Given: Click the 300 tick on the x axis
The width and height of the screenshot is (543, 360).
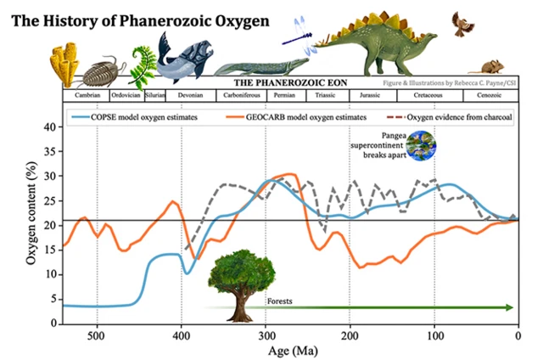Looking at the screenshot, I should pyautogui.click(x=266, y=334).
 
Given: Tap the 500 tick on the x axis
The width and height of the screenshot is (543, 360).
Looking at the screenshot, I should pyautogui.click(x=97, y=334).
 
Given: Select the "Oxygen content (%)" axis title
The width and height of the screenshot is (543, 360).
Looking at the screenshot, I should pyautogui.click(x=30, y=225).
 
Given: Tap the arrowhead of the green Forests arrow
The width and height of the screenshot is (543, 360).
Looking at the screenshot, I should pyautogui.click(x=510, y=307).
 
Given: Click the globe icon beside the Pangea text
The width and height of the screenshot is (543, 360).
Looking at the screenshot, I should pyautogui.click(x=418, y=146).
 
